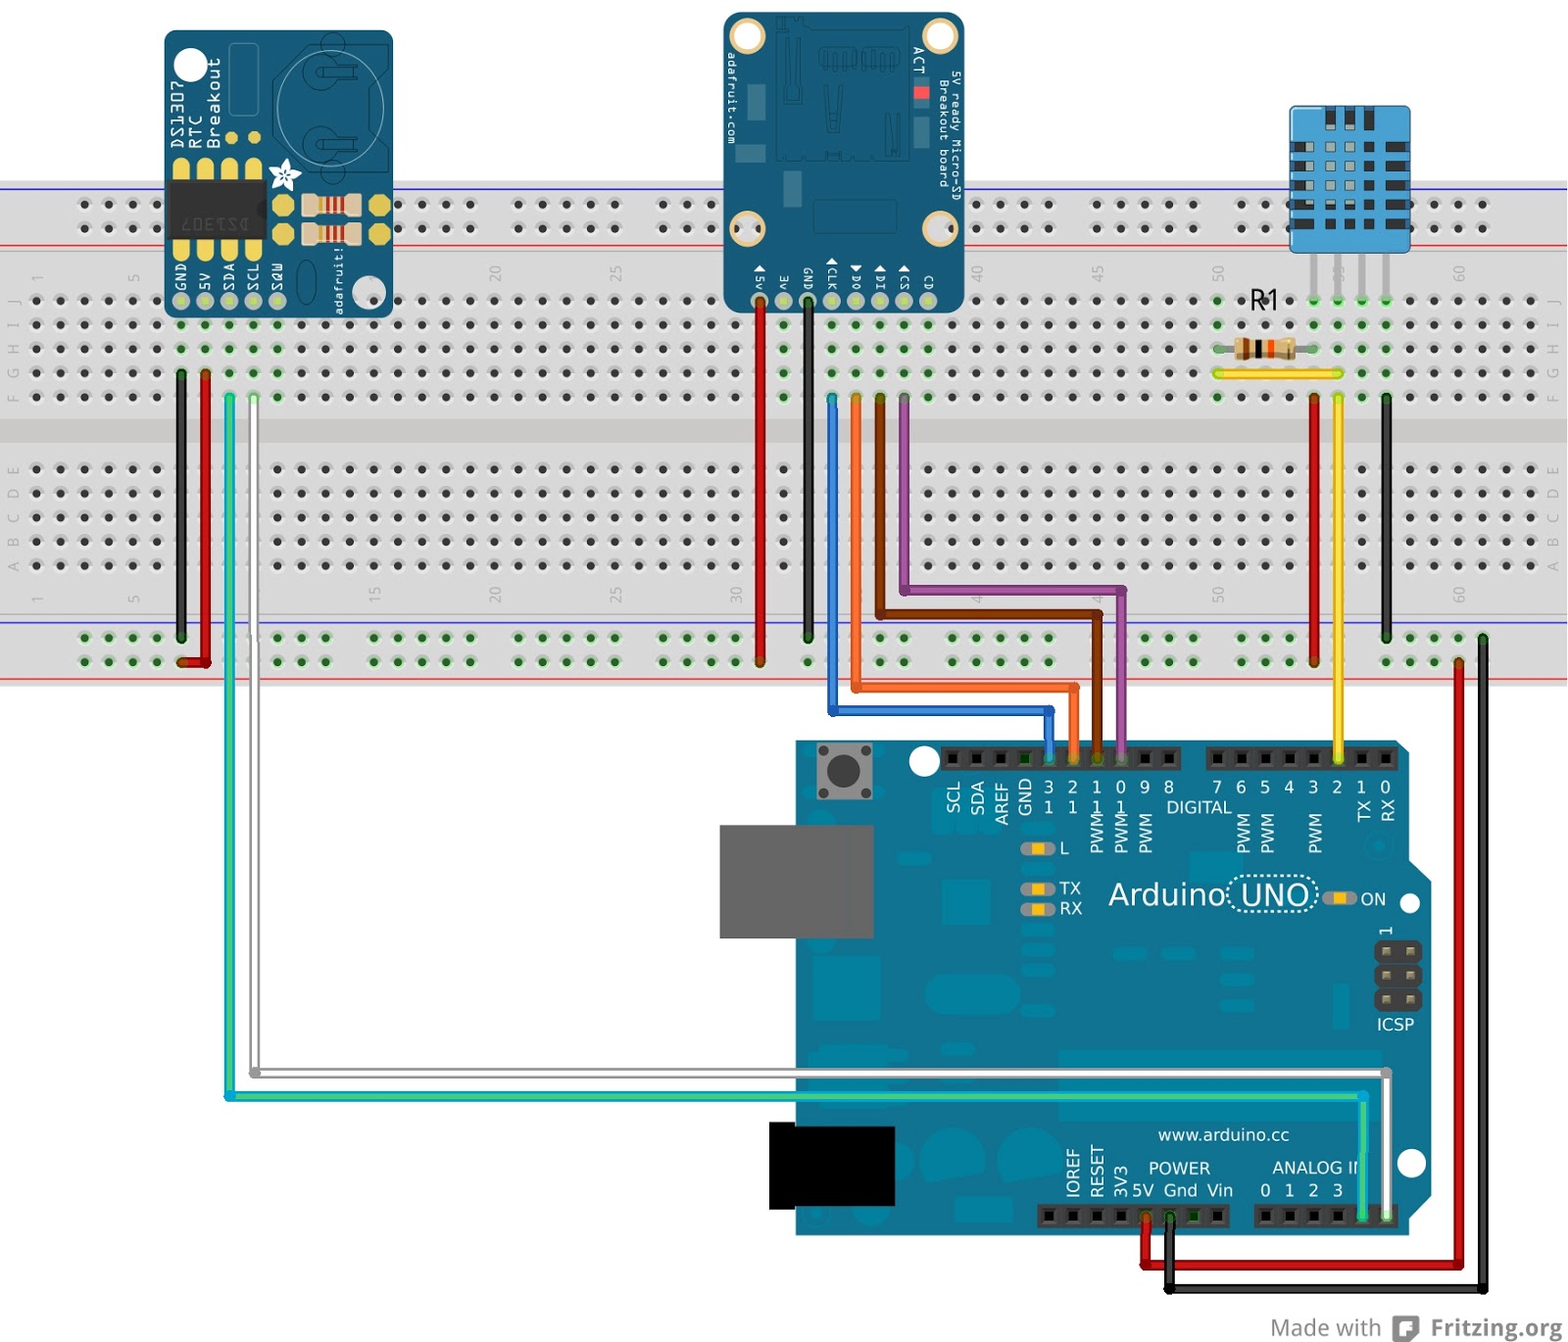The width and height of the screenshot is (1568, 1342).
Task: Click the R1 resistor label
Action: point(1263,300)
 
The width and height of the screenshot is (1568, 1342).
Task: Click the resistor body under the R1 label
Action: point(1264,348)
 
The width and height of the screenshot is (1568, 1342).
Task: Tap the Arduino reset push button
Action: point(844,771)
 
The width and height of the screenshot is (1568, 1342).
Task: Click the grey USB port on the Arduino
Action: point(796,881)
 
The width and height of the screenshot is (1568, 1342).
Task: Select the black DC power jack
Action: point(831,1165)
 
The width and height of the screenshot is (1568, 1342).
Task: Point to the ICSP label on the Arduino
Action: point(1395,1024)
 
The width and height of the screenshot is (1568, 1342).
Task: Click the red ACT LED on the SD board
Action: point(920,93)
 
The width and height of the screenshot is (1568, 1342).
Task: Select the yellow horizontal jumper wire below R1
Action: point(1276,373)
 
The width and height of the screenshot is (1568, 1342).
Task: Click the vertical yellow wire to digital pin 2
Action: point(1338,578)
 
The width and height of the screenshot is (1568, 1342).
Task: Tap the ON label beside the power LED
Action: point(1372,899)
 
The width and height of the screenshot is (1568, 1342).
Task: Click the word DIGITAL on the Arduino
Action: point(1198,807)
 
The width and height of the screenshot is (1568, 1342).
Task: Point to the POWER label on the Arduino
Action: point(1178,1168)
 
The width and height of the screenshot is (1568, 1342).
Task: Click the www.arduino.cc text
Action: point(1222,1134)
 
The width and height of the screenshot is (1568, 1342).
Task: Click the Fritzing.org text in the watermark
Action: point(1495,1327)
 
